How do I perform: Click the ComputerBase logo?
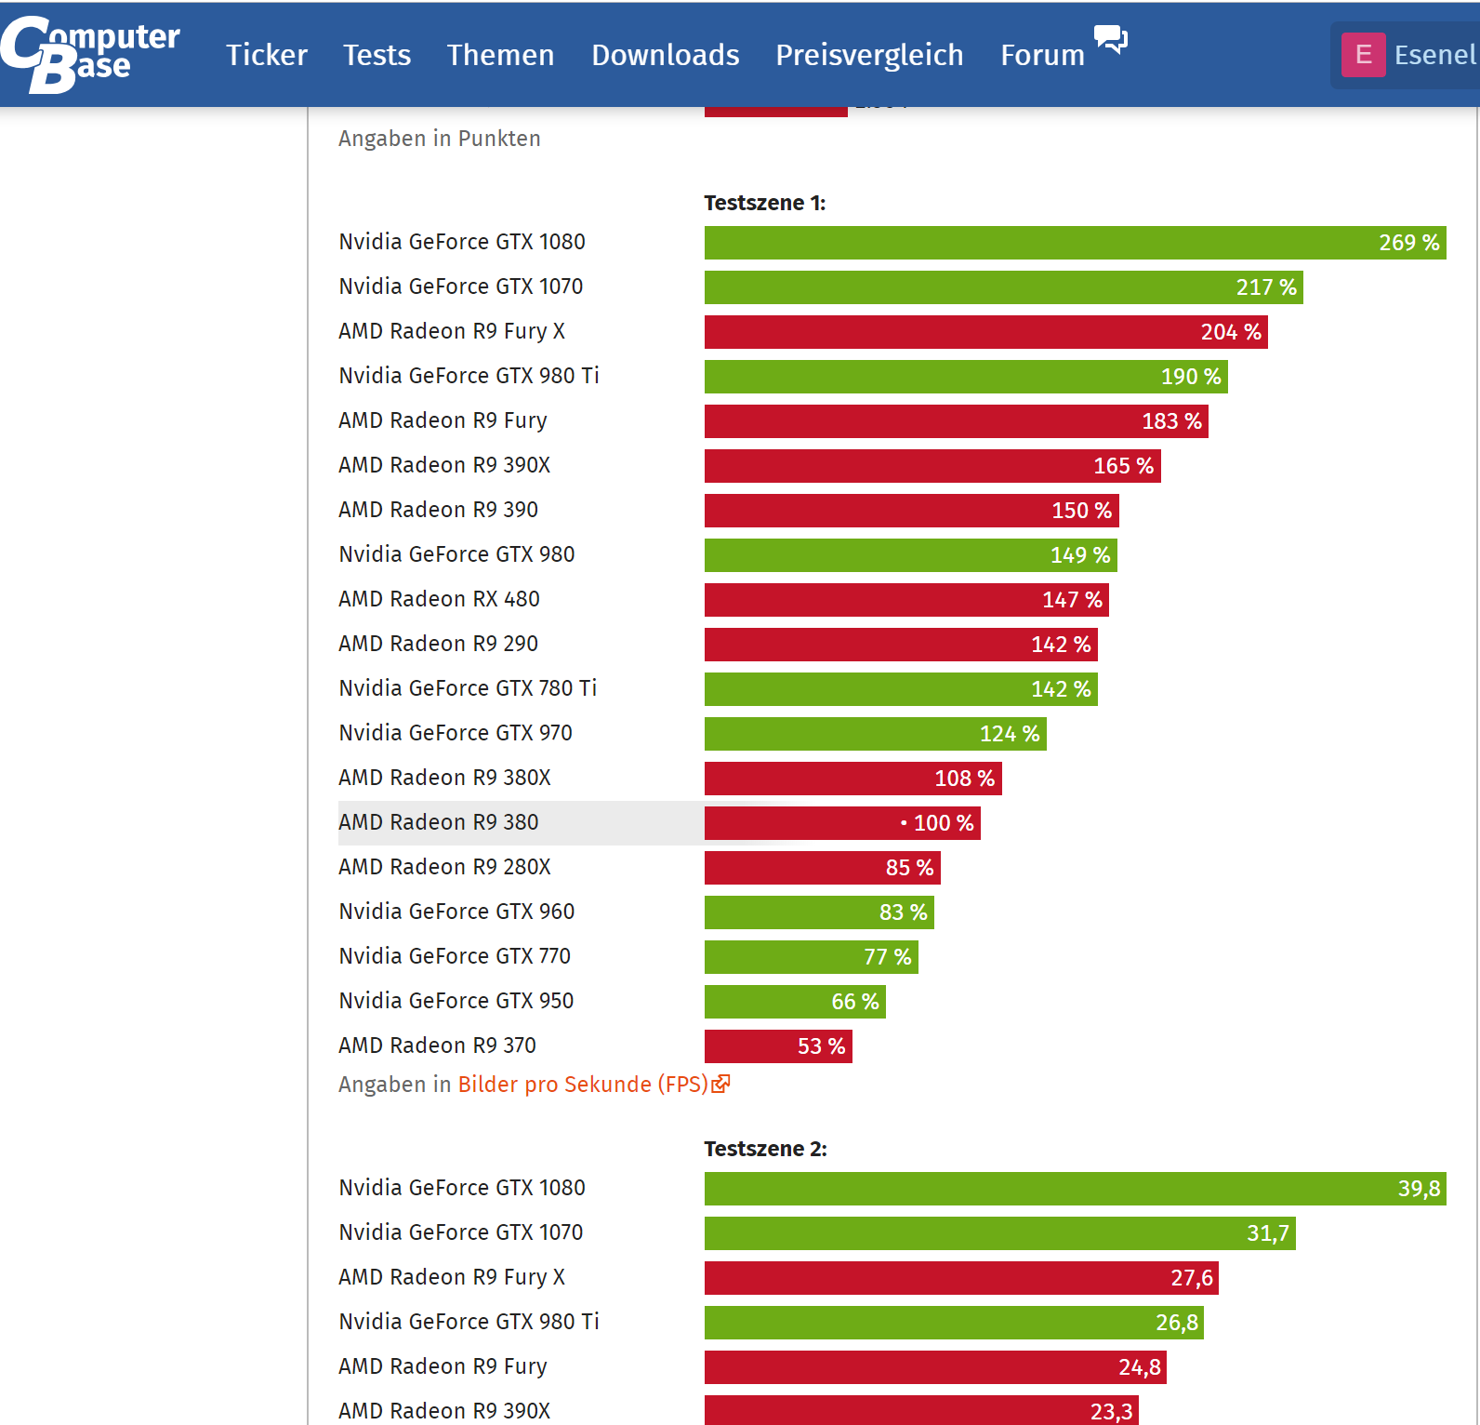(x=89, y=54)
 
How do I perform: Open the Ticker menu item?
(x=267, y=55)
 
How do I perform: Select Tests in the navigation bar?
(x=377, y=55)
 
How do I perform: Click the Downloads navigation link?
(x=665, y=55)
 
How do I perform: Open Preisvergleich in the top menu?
(x=869, y=55)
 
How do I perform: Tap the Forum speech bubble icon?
(x=1111, y=40)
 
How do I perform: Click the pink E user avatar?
(x=1363, y=55)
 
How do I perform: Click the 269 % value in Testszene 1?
(x=1408, y=243)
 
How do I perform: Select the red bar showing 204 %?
(x=985, y=332)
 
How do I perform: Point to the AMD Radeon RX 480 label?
(x=439, y=599)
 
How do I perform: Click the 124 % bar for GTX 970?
(x=874, y=734)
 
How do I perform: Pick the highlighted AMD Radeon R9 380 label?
(x=439, y=822)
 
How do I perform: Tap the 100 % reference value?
(x=943, y=823)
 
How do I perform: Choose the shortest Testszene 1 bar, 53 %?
(x=778, y=1046)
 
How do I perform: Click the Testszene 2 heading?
(x=765, y=1149)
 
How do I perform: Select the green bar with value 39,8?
(x=1074, y=1189)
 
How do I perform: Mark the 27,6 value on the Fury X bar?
(x=1191, y=1278)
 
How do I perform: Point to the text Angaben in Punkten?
(x=439, y=139)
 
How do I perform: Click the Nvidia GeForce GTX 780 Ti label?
(x=468, y=688)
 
